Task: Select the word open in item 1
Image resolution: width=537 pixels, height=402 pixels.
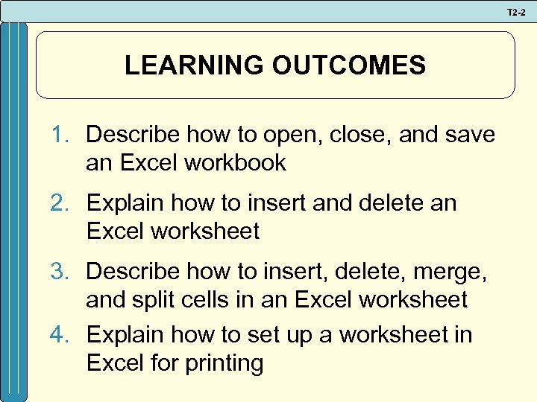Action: click(x=274, y=135)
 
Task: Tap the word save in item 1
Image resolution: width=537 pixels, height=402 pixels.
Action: click(x=468, y=135)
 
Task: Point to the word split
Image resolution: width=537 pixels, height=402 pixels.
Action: click(x=152, y=300)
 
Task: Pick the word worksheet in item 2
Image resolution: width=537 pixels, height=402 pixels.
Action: click(x=205, y=232)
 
